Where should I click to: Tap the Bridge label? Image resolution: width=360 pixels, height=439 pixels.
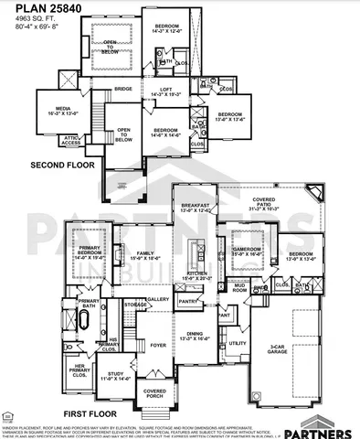pos(123,89)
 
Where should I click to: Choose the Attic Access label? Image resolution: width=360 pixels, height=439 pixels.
pos(70,141)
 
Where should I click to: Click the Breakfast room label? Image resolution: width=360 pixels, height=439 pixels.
pos(196,208)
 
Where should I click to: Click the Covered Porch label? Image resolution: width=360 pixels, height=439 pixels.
pos(155,393)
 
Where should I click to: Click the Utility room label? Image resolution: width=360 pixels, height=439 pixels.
pos(238,343)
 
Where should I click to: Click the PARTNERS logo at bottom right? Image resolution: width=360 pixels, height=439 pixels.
pos(323,428)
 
